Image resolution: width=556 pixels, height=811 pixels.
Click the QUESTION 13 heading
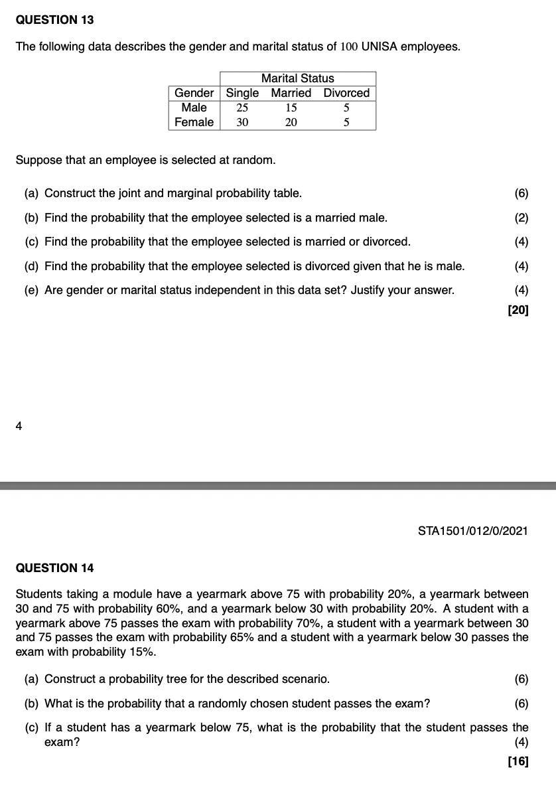(x=54, y=20)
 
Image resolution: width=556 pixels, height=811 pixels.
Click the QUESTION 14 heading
(x=54, y=567)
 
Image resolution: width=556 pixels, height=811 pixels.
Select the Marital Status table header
(x=298, y=78)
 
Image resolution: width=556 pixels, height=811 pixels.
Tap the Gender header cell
(x=194, y=93)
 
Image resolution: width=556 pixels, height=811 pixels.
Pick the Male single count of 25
(x=242, y=108)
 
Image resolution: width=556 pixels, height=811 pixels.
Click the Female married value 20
(x=291, y=122)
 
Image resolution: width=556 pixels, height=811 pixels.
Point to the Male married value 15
(x=291, y=108)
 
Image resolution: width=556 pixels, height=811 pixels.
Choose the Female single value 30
(x=242, y=122)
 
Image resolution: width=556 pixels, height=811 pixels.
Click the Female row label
(x=194, y=122)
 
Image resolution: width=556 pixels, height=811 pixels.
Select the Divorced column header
(x=346, y=93)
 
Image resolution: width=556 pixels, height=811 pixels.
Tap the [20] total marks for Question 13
(x=518, y=310)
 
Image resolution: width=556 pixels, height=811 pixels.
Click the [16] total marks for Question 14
(x=518, y=761)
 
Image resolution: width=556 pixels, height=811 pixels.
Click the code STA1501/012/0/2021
(x=473, y=531)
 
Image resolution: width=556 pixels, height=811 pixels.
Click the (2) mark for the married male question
(x=521, y=218)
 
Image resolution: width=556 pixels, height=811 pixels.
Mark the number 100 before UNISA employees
(x=349, y=47)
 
